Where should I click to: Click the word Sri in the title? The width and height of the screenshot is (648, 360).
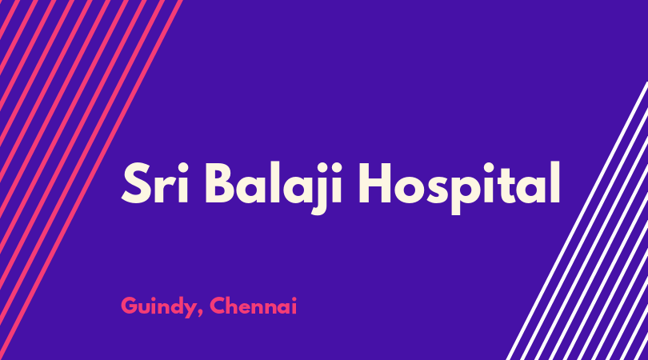click(x=155, y=182)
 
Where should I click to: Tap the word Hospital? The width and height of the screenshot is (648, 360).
click(x=459, y=188)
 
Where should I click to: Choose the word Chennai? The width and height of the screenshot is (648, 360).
click(x=253, y=306)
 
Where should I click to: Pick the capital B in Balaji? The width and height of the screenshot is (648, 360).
click(x=221, y=183)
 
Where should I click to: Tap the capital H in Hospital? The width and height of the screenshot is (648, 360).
click(x=374, y=183)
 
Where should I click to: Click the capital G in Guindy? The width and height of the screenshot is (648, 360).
click(x=130, y=306)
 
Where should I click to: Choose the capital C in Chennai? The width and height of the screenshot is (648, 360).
click(x=218, y=306)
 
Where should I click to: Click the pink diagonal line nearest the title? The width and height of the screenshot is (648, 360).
click(x=90, y=180)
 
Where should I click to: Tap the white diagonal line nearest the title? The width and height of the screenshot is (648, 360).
click(x=577, y=221)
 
